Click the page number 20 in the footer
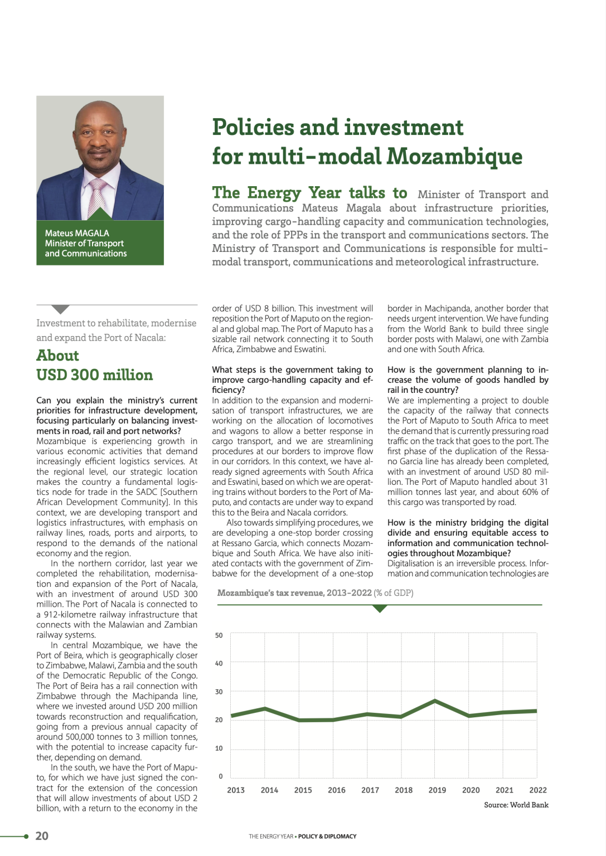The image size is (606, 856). [42, 835]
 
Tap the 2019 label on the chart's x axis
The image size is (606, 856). [437, 790]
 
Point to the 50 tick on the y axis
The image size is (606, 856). [219, 635]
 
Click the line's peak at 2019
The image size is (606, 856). [435, 701]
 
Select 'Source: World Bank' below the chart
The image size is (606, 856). [516, 805]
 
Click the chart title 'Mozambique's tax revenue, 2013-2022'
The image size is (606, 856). [294, 593]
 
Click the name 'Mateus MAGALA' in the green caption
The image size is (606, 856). [77, 233]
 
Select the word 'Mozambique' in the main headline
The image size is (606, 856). [454, 157]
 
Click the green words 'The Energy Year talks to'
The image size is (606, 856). [309, 193]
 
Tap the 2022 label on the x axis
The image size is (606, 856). [537, 790]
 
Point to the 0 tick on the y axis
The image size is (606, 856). [221, 776]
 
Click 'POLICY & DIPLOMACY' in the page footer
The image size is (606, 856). [327, 836]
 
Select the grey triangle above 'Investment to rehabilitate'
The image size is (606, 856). [60, 309]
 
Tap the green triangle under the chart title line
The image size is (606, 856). [380, 609]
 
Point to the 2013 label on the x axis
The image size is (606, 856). [236, 790]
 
